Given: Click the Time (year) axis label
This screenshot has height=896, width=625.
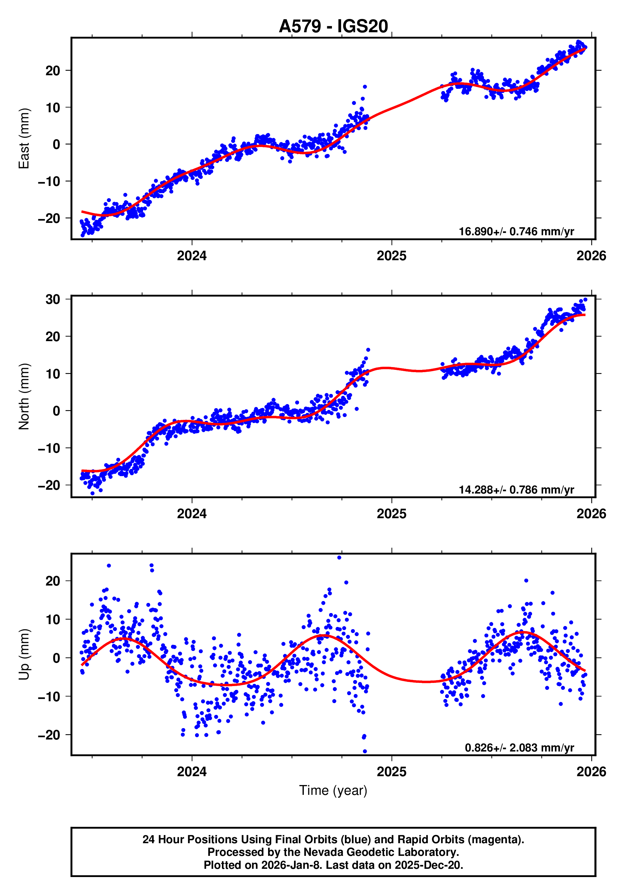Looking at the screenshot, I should click(333, 790).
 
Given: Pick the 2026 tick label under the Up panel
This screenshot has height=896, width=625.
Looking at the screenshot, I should click(591, 772).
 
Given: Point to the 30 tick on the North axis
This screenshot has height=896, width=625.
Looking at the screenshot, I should click(53, 299).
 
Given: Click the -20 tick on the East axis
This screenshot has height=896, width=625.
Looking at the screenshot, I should click(49, 218).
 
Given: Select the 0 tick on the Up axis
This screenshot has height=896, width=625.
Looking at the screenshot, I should click(57, 658).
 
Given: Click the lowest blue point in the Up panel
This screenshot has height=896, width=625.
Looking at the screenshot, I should click(365, 751).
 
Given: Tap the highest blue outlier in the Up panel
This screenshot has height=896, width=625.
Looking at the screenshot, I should click(339, 557).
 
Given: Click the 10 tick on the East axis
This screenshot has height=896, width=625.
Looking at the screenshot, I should click(53, 107).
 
